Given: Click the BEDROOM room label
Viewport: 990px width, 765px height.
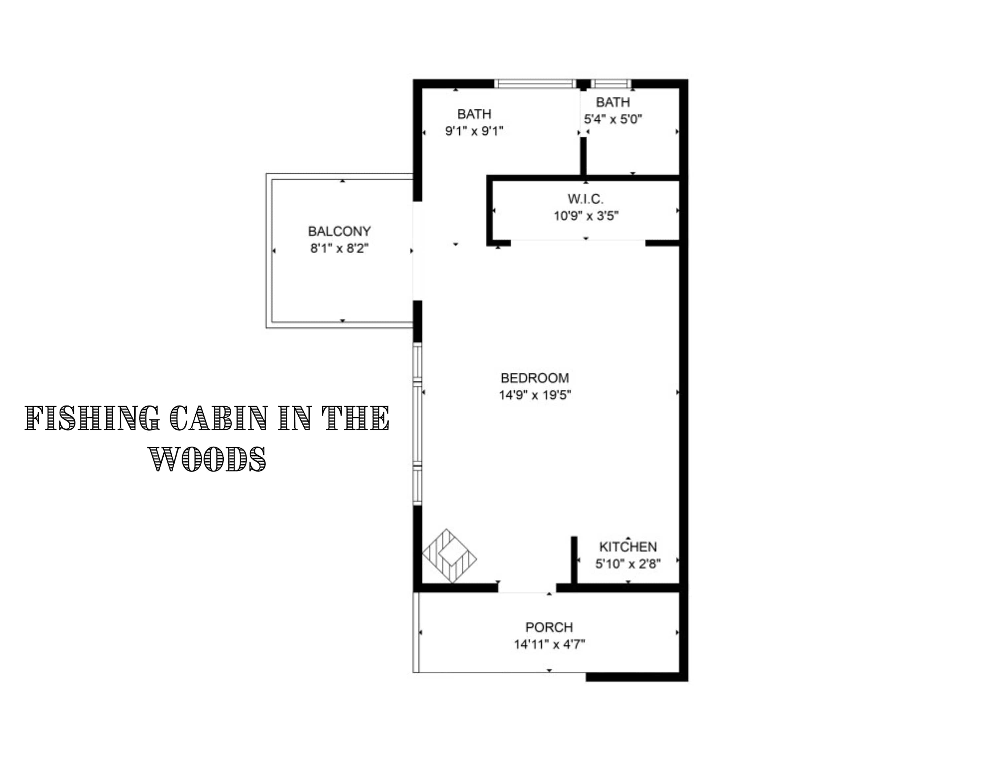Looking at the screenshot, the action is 535,378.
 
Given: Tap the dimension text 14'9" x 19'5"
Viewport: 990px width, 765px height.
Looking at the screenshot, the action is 535,395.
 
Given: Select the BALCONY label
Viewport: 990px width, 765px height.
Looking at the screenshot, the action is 340,232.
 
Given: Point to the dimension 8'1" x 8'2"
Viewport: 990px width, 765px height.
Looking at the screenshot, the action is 340,249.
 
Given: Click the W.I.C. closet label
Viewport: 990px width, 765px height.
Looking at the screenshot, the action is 586,199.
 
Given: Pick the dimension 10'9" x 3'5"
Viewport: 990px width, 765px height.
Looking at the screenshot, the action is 586,216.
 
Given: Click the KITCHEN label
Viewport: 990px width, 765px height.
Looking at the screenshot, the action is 628,547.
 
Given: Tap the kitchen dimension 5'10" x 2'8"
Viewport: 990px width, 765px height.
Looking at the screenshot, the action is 628,564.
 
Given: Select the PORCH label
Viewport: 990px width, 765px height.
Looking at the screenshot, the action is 549,627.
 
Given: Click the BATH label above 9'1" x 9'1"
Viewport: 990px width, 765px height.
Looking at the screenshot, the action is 474,114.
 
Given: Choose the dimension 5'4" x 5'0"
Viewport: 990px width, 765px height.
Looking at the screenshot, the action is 613,119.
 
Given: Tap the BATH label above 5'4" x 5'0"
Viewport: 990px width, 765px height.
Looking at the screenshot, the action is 613,102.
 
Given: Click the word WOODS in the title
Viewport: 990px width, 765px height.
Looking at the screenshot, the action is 207,459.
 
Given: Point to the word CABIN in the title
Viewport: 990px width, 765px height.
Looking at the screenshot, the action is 218,418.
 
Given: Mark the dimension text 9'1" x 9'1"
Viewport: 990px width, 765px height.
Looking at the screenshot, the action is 474,131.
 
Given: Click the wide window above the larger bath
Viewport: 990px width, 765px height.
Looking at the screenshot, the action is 535,84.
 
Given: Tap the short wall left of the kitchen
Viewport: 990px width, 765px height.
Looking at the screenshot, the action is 574,560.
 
